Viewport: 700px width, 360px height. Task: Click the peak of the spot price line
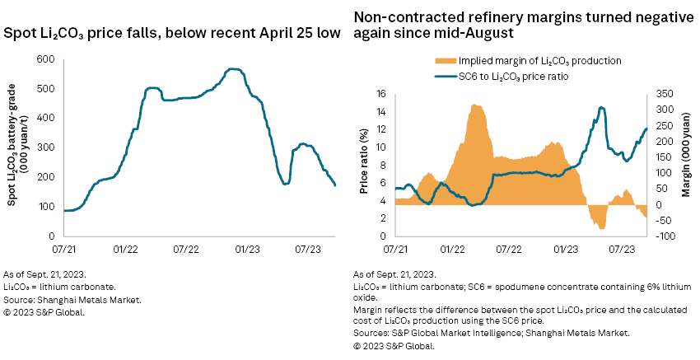(235, 69)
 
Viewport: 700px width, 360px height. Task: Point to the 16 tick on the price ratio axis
(381, 94)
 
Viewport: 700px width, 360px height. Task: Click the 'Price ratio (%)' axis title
(362, 165)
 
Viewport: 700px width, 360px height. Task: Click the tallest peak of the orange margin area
(475, 105)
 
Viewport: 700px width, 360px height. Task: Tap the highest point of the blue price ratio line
(602, 107)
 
